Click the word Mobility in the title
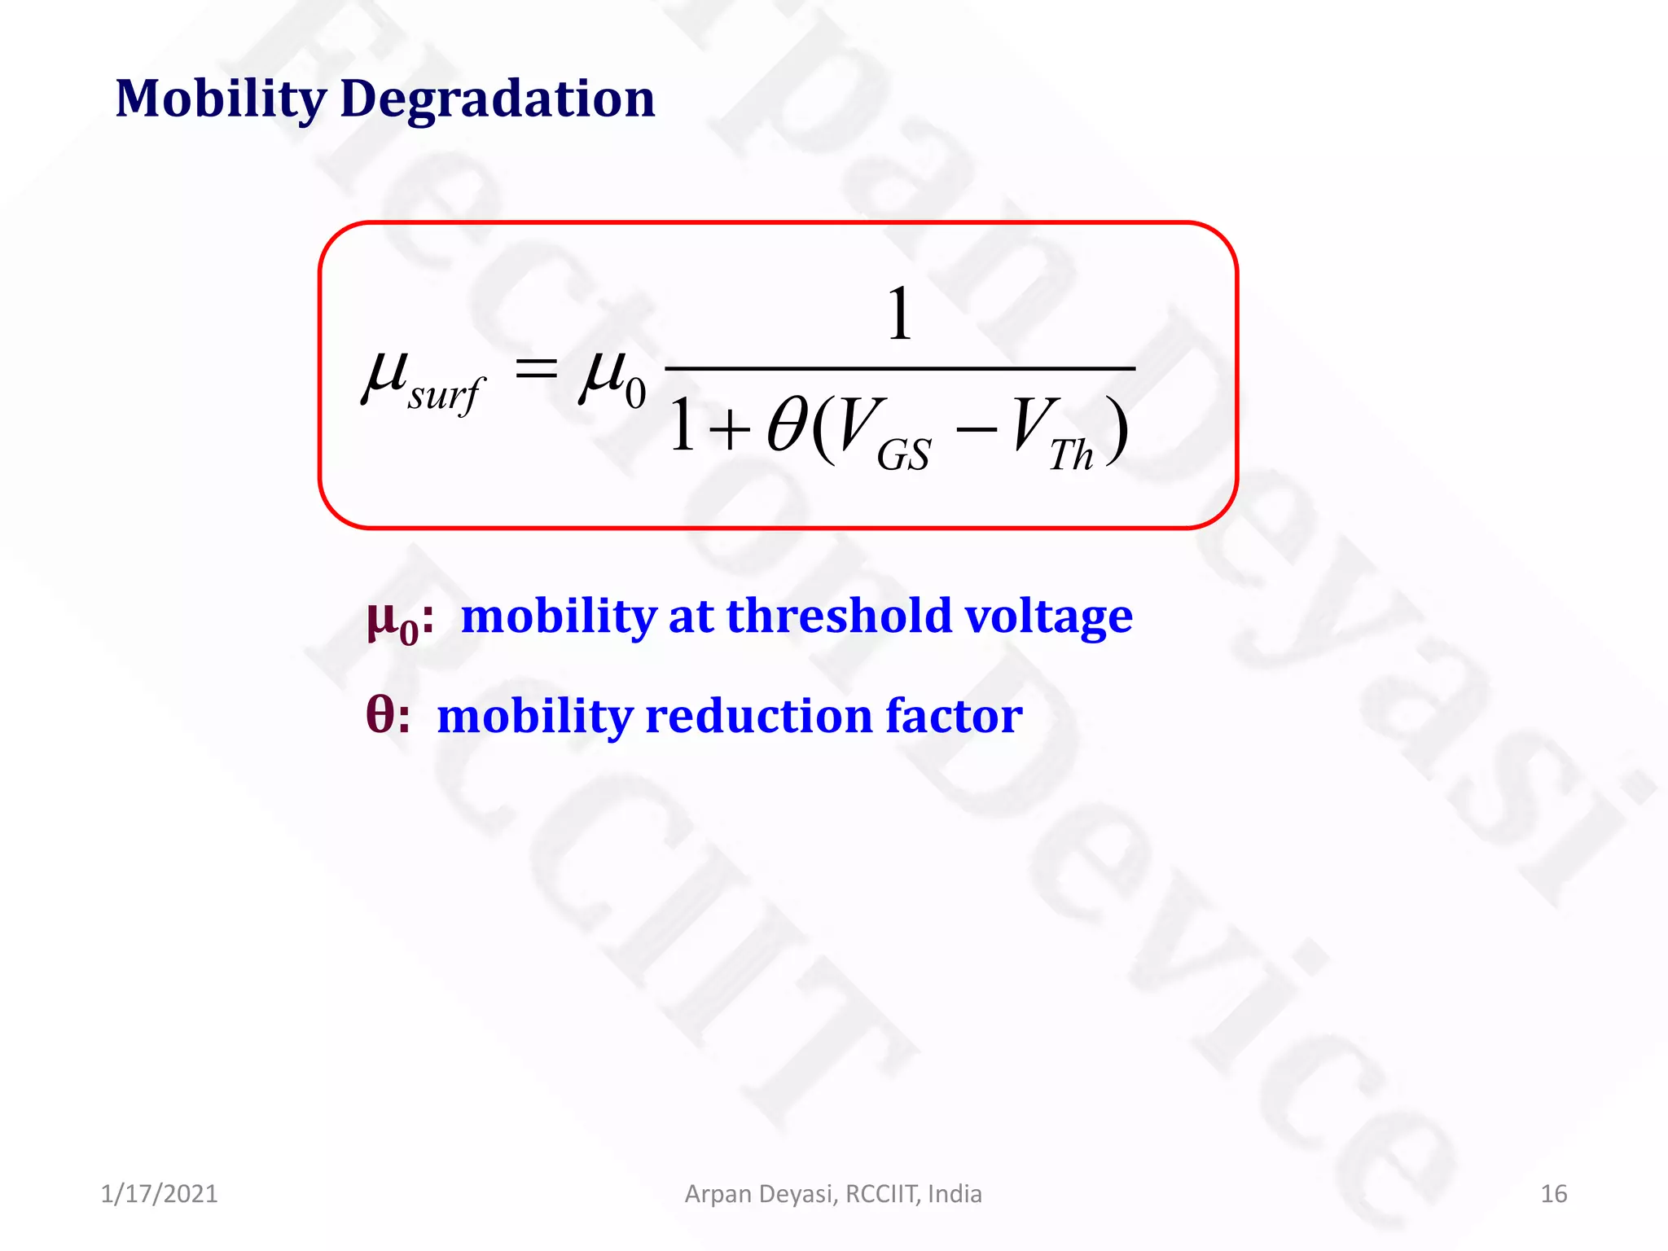[x=221, y=99]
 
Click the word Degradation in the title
[x=497, y=99]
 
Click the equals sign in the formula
[x=537, y=371]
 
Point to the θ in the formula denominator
[x=787, y=425]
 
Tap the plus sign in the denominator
[x=728, y=428]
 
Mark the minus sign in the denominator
[x=976, y=427]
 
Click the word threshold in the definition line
[x=838, y=616]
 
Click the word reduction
[x=757, y=717]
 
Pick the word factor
[x=953, y=716]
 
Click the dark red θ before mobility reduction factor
[x=380, y=715]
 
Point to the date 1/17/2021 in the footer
[x=159, y=1194]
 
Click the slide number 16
[x=1553, y=1194]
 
